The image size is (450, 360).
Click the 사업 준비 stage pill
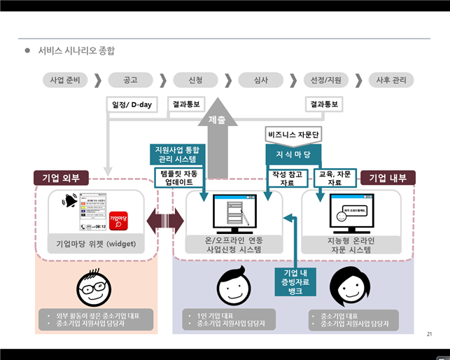click(x=65, y=80)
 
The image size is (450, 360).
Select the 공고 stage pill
click(x=129, y=80)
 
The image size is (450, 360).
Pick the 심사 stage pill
click(x=260, y=80)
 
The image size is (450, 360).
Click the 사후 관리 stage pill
click(x=391, y=80)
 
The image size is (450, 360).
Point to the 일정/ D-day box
click(x=132, y=105)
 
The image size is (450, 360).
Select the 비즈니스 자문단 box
click(x=293, y=133)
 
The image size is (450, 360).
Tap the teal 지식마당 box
click(x=293, y=153)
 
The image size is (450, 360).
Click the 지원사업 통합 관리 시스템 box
click(x=178, y=154)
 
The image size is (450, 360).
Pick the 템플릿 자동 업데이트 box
click(x=178, y=176)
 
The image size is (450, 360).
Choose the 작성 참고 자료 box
click(x=288, y=178)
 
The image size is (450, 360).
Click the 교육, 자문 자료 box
click(x=335, y=178)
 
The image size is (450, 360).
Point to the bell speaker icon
click(x=69, y=202)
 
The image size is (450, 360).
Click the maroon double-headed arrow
click(x=164, y=223)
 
